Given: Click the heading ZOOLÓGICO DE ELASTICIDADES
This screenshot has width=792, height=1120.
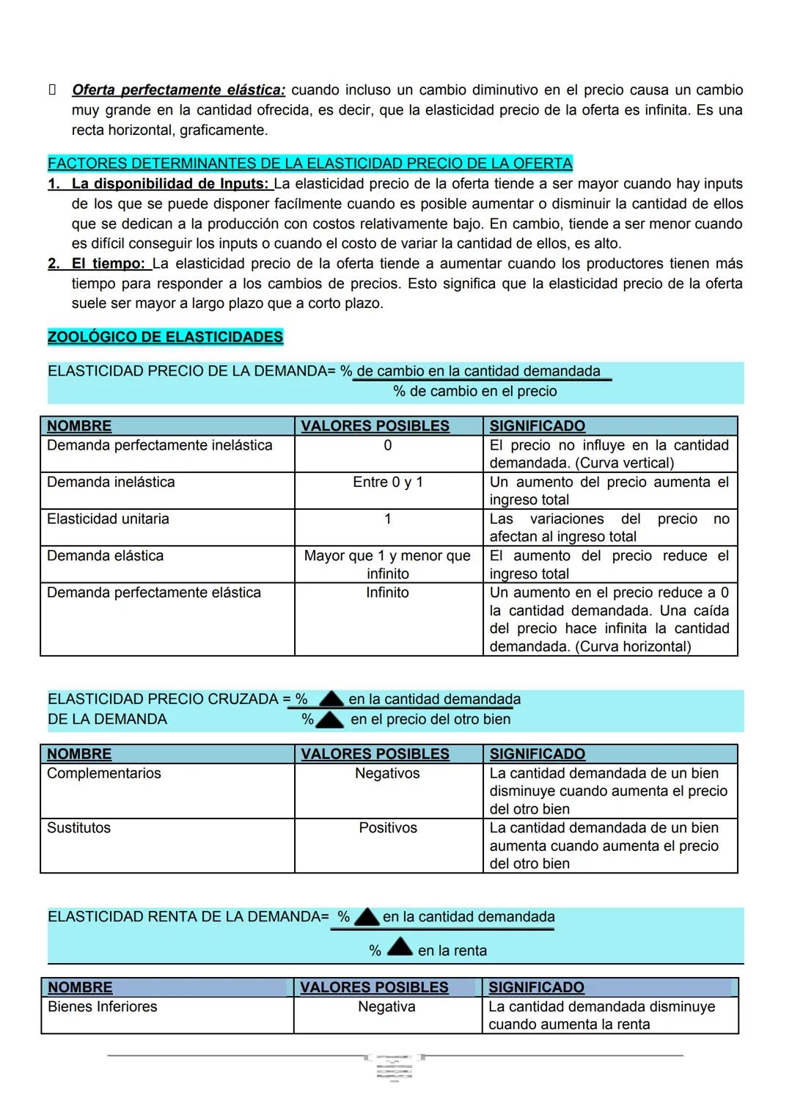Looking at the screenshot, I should [165, 337].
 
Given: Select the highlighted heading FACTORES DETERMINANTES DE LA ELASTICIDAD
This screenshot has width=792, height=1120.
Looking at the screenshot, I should [309, 164].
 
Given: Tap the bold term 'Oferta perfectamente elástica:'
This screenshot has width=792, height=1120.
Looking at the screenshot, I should [178, 90].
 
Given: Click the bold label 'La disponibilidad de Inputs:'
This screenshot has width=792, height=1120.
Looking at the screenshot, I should [170, 184].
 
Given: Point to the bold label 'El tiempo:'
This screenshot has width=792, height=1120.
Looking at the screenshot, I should [108, 264].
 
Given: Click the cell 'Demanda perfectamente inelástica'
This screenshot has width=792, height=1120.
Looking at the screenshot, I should [159, 446].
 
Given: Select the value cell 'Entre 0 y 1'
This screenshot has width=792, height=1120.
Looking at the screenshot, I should [387, 483].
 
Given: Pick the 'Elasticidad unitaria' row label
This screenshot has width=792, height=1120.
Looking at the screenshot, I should [108, 519].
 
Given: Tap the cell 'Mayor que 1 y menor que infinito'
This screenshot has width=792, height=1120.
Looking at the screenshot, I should [387, 565].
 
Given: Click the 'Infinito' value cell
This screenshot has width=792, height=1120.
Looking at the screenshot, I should [387, 593].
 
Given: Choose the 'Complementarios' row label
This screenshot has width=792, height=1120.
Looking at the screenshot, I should [103, 774].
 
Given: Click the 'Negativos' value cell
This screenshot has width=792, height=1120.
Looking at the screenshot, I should [387, 774].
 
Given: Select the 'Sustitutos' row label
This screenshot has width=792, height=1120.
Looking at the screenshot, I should [78, 828].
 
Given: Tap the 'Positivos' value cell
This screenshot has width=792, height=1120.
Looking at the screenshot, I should [387, 828].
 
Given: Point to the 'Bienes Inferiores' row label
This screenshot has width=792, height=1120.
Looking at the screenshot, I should [102, 1007].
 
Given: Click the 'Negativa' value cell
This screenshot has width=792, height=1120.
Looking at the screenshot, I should [386, 1007].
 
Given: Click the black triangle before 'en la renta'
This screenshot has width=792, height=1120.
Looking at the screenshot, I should [399, 948].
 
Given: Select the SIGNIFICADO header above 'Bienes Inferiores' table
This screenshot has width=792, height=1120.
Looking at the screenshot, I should [536, 988].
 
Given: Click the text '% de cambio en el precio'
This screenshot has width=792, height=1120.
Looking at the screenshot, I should [475, 392].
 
